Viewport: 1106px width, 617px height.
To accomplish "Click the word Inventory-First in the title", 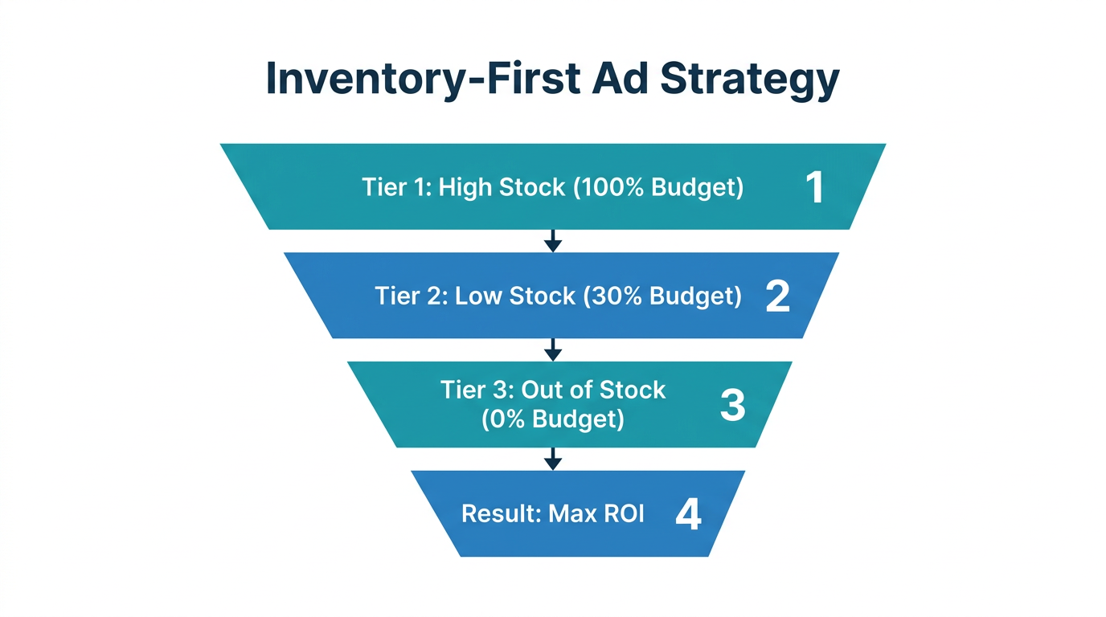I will click(x=416, y=80).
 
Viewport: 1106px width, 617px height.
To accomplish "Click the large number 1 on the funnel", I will click(x=814, y=187).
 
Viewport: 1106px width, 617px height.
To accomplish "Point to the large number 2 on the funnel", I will click(x=777, y=296).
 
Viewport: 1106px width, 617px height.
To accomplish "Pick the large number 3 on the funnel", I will click(x=732, y=405).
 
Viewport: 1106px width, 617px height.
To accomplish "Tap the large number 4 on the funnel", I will click(x=688, y=514).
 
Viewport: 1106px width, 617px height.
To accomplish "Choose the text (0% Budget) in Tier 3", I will click(x=553, y=419).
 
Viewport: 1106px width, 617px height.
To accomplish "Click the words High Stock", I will click(x=502, y=188).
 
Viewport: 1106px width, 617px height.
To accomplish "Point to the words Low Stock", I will click(x=515, y=296).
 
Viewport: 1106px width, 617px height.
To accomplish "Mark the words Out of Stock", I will click(x=593, y=390).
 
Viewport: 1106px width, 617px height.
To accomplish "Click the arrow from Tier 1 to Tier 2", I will click(x=552, y=241).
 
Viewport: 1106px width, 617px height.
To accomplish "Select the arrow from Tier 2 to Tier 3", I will click(x=552, y=349).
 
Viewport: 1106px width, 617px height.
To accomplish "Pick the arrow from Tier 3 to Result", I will click(x=552, y=459).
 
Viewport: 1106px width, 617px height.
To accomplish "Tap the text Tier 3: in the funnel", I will click(x=477, y=390).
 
